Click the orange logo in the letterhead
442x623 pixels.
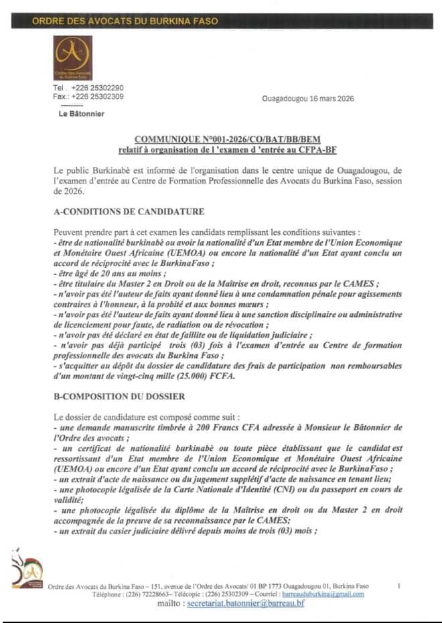pos(72,58)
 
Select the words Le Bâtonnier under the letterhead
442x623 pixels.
pos(82,114)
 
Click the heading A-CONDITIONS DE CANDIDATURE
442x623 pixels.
pos(129,212)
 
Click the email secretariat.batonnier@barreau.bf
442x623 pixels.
pos(246,604)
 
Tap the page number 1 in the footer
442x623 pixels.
pos(399,585)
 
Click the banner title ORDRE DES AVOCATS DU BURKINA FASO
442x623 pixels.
pos(125,21)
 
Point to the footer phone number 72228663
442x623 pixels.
pos(168,594)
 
